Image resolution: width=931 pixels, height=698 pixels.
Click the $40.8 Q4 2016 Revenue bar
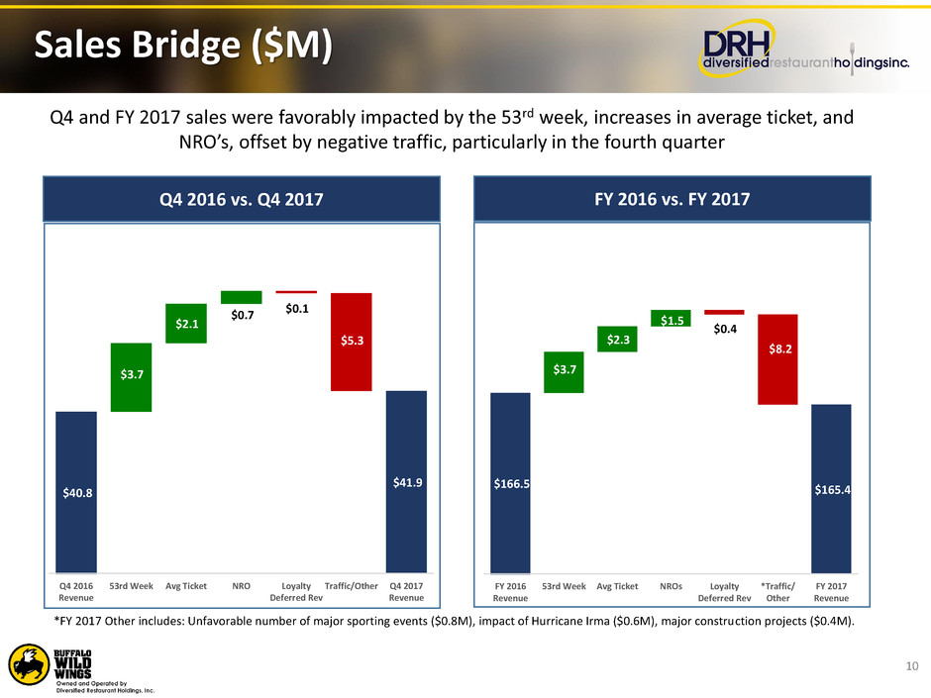(x=75, y=491)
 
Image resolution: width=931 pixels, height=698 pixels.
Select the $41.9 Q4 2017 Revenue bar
(x=405, y=481)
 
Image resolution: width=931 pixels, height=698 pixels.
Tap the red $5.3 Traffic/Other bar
(x=351, y=342)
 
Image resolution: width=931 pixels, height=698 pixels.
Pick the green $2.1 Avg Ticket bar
(x=185, y=323)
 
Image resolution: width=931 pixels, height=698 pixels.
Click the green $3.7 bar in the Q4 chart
(x=130, y=376)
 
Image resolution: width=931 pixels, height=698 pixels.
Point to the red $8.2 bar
(x=777, y=358)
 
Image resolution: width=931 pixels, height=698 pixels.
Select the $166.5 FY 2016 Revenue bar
(x=510, y=482)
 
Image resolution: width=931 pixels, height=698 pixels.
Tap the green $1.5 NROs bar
(x=671, y=318)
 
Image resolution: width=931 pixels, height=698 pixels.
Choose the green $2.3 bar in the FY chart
(x=616, y=339)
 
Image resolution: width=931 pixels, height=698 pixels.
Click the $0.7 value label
(x=241, y=316)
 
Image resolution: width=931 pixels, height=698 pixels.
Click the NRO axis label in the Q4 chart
(x=241, y=585)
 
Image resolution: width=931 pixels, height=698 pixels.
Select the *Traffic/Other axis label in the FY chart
(x=777, y=591)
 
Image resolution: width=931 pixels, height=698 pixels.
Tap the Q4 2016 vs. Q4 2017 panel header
(x=241, y=199)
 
